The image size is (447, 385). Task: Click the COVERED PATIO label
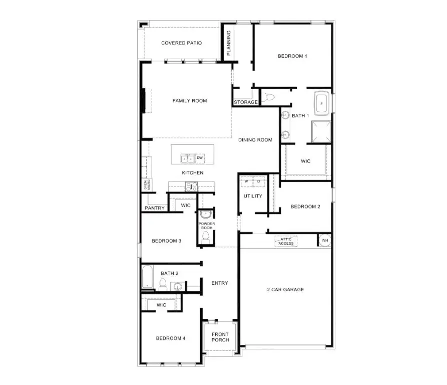[181, 43]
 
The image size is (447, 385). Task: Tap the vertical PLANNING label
[228, 43]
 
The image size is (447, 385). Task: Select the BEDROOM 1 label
[292, 56]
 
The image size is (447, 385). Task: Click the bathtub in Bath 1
[321, 103]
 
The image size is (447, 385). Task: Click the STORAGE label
[246, 102]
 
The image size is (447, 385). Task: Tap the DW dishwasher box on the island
[200, 158]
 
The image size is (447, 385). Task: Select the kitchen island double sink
[188, 158]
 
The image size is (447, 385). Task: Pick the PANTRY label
[154, 208]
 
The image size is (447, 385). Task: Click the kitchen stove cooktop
[191, 187]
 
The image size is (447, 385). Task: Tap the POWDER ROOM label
[206, 226]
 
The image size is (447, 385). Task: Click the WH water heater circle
[324, 241]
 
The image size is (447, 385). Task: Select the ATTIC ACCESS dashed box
[286, 241]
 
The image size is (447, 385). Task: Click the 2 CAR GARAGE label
[285, 289]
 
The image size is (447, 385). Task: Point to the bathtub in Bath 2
[148, 277]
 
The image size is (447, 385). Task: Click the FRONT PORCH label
[220, 337]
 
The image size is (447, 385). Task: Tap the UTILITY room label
[253, 196]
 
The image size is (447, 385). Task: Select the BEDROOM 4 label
[170, 338]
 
